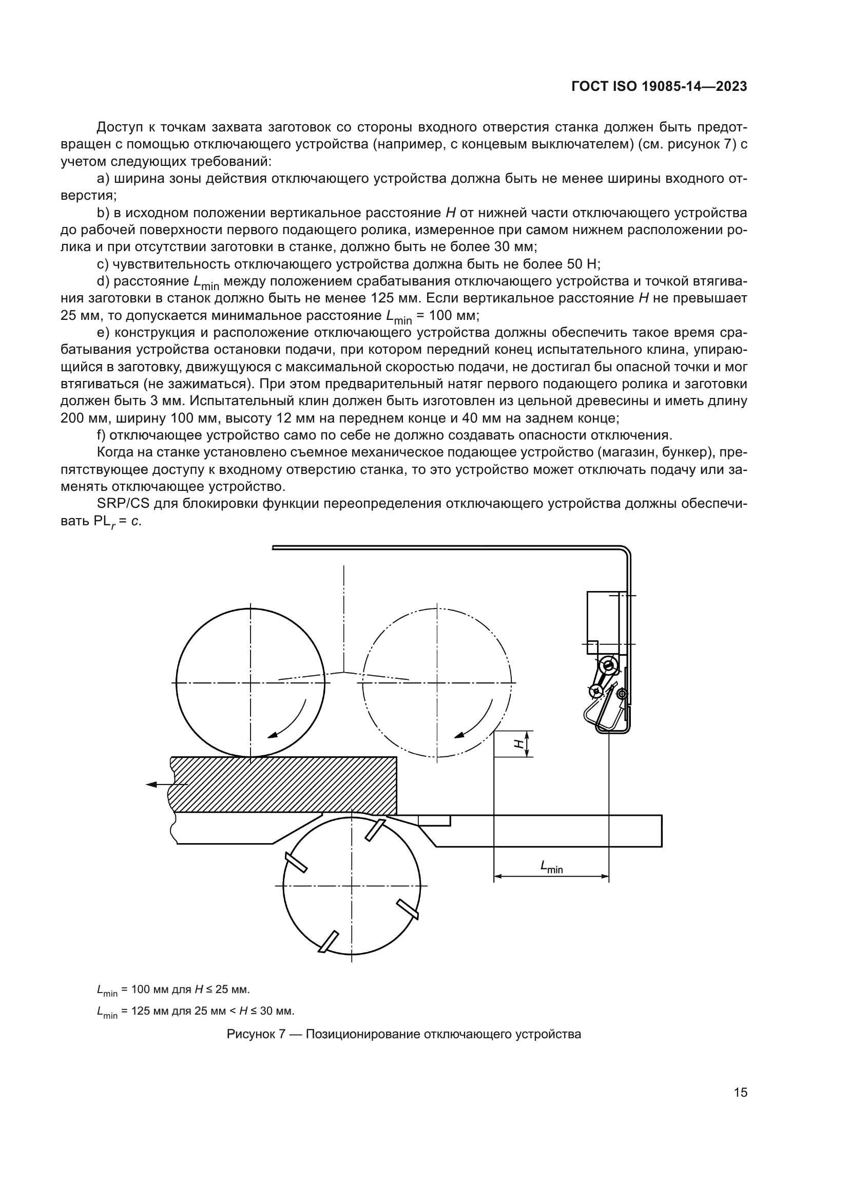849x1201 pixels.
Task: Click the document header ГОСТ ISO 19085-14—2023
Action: click(x=659, y=87)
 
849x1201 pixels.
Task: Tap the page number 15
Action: click(x=740, y=1092)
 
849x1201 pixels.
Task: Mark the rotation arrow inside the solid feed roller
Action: click(x=287, y=722)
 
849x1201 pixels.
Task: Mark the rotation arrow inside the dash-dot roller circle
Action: click(x=474, y=722)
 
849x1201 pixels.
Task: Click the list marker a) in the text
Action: click(x=103, y=179)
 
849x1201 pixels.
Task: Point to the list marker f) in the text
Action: click(x=102, y=435)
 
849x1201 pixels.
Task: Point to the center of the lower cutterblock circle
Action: click(x=351, y=886)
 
